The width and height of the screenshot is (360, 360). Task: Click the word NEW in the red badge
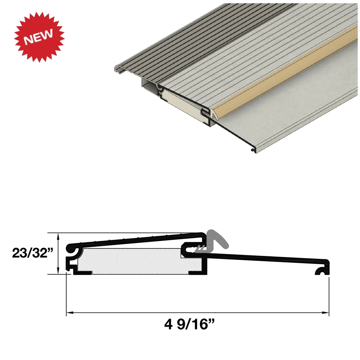pos(39,35)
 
